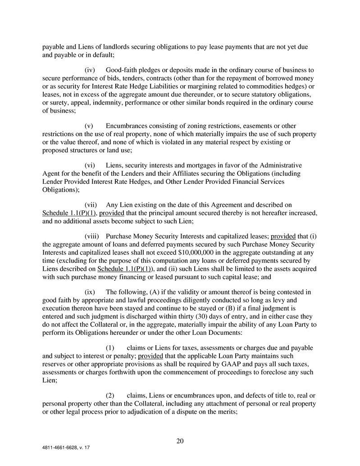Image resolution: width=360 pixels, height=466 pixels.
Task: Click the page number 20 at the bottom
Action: click(x=180, y=441)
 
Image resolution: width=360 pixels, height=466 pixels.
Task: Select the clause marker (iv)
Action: click(x=90, y=70)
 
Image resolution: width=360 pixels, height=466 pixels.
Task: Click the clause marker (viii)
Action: click(x=92, y=236)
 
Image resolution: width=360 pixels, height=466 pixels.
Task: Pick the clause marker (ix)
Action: click(x=90, y=292)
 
